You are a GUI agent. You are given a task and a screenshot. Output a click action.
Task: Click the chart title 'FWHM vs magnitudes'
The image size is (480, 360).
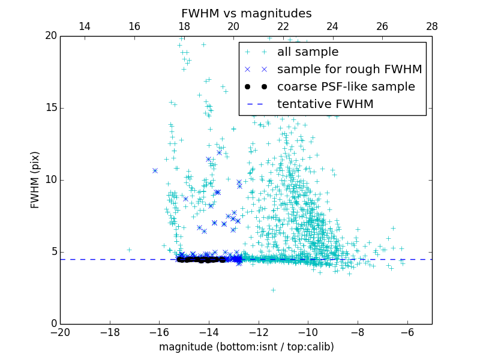246,13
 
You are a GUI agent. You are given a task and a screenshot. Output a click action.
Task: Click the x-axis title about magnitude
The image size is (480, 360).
246,347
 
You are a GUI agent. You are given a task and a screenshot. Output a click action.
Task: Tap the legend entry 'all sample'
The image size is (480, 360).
308,52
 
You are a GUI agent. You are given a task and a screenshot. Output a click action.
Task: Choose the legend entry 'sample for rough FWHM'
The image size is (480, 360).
349,70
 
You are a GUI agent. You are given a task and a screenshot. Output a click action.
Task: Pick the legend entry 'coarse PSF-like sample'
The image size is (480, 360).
346,87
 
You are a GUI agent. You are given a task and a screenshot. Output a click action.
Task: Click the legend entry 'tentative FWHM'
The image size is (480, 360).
325,104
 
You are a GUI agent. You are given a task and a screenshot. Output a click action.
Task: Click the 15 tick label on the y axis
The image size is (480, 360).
50,108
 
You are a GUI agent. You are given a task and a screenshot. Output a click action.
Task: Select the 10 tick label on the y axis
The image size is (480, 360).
50,180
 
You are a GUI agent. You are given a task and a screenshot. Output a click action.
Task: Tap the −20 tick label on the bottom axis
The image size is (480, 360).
60,332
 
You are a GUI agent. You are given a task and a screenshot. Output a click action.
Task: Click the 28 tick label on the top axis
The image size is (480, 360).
432,26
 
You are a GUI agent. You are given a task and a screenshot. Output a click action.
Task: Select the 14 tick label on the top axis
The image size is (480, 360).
85,26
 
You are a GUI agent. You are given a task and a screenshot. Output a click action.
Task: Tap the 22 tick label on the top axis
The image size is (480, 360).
283,26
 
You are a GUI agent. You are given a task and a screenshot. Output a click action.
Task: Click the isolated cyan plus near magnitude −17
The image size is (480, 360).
129,250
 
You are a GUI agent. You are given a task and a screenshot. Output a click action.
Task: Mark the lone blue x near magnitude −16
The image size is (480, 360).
155,170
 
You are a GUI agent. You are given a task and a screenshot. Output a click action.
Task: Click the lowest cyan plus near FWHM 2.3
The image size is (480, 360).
273,290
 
